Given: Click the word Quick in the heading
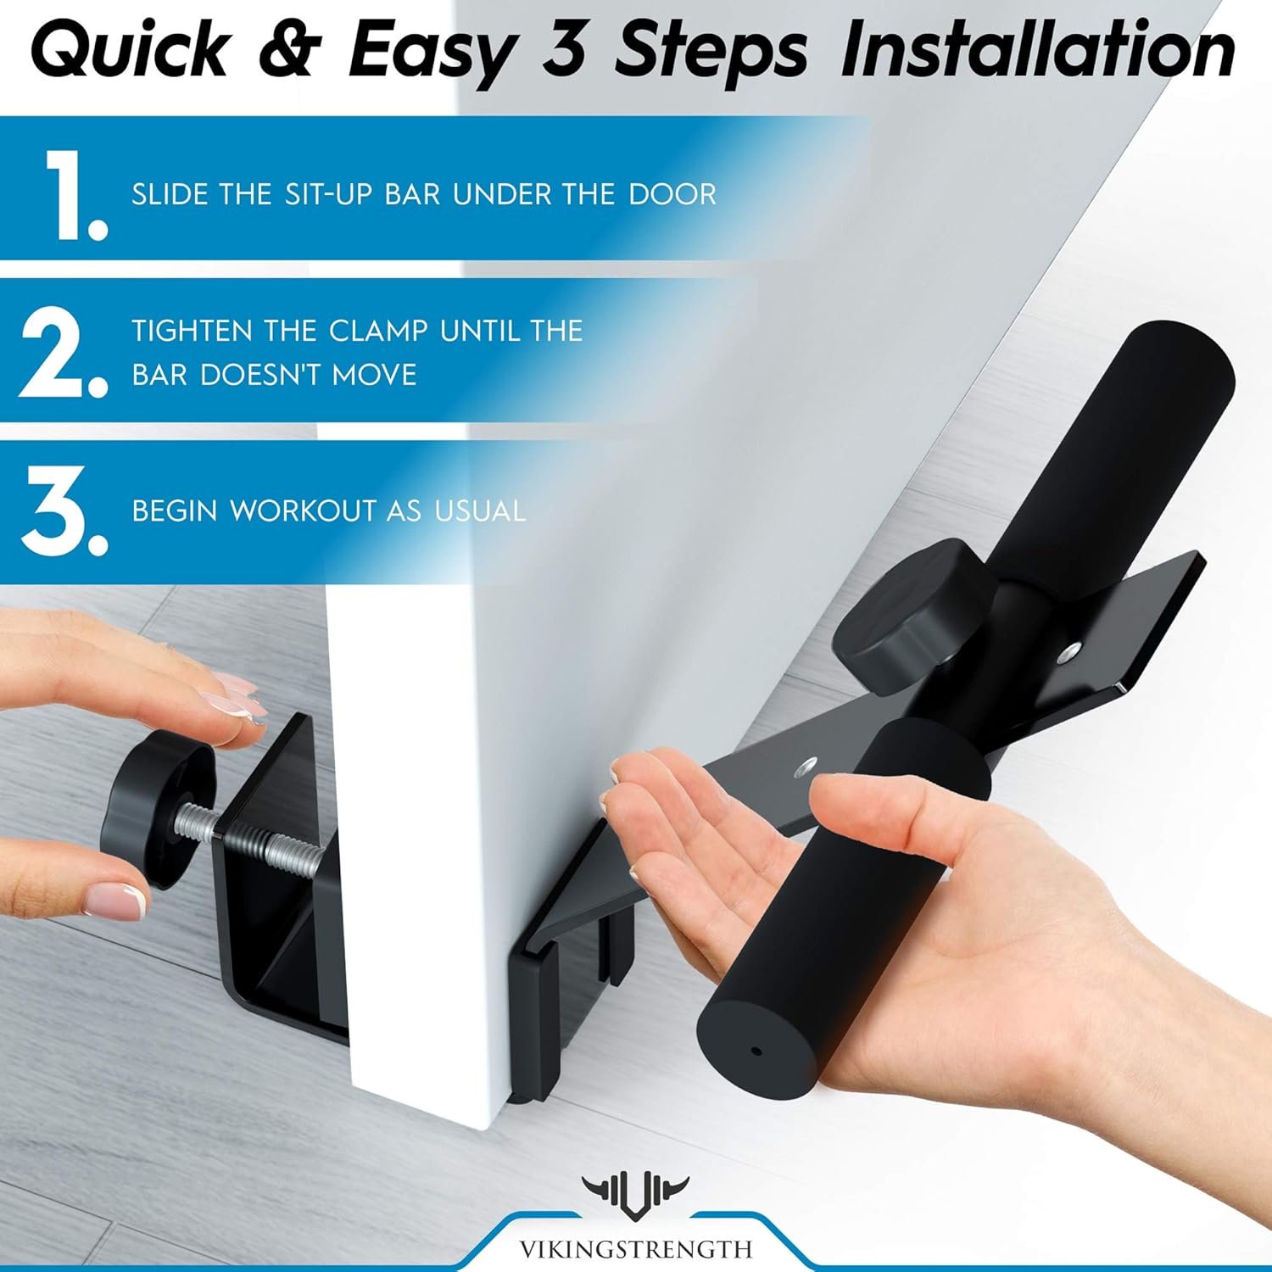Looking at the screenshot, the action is coord(130,51).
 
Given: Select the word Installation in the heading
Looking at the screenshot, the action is coord(1037,51).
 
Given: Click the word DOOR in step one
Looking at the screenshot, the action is coord(672,194).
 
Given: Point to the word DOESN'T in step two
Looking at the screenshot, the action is coord(261,374).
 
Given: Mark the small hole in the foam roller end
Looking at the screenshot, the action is coord(756,1052).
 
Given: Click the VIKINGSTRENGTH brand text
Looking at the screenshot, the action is coord(636,1249).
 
